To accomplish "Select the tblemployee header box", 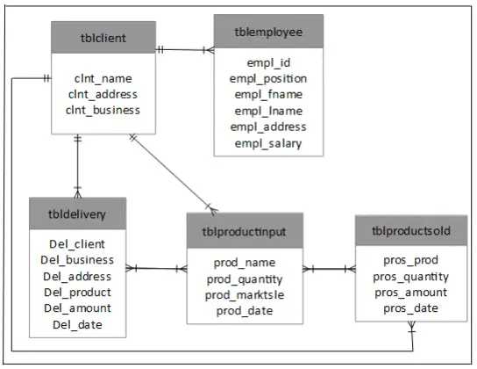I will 268,32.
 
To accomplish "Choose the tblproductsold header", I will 410,231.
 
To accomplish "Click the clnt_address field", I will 103,94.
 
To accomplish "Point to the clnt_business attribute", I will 103,110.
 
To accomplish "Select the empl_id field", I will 268,62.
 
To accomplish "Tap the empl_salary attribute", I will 268,142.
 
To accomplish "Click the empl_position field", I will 268,78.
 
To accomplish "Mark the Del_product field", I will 77,293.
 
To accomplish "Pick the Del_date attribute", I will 77,325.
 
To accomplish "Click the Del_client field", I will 77,244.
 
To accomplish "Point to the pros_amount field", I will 410,293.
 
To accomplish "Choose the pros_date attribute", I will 410,309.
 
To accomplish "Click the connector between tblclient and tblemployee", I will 185,49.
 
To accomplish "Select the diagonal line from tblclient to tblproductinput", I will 172,172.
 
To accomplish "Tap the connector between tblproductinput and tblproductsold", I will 330,268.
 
